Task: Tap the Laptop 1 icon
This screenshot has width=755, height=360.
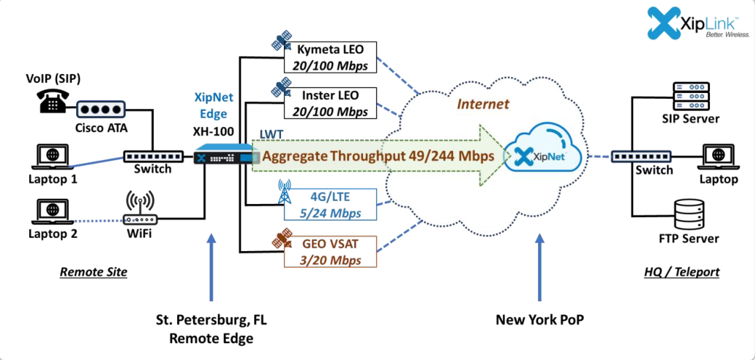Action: [52, 155]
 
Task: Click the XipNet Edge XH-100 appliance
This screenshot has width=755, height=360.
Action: [226, 155]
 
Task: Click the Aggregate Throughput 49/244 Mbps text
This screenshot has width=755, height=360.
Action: [373, 156]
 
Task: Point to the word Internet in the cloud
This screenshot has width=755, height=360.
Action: [483, 104]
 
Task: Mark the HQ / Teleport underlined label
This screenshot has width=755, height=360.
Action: [682, 272]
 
